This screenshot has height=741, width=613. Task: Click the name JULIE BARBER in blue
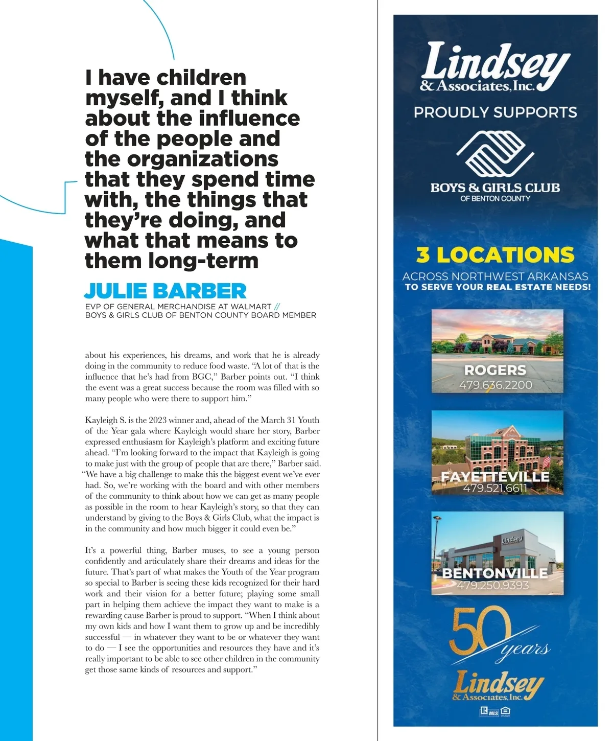point(165,291)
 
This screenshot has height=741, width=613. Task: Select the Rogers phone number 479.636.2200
point(495,385)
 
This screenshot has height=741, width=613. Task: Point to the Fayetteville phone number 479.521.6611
point(494,488)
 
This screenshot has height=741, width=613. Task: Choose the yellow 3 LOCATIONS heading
point(495,254)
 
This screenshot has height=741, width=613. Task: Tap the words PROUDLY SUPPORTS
point(495,112)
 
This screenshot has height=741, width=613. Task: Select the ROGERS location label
point(495,370)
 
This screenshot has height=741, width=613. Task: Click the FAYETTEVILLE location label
point(495,476)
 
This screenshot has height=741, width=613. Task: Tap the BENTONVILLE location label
point(494,573)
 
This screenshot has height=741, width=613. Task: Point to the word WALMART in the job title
point(251,307)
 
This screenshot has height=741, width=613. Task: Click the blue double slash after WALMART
point(277,307)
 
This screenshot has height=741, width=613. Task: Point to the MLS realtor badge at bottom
point(489,711)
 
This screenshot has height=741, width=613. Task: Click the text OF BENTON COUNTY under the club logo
point(495,198)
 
